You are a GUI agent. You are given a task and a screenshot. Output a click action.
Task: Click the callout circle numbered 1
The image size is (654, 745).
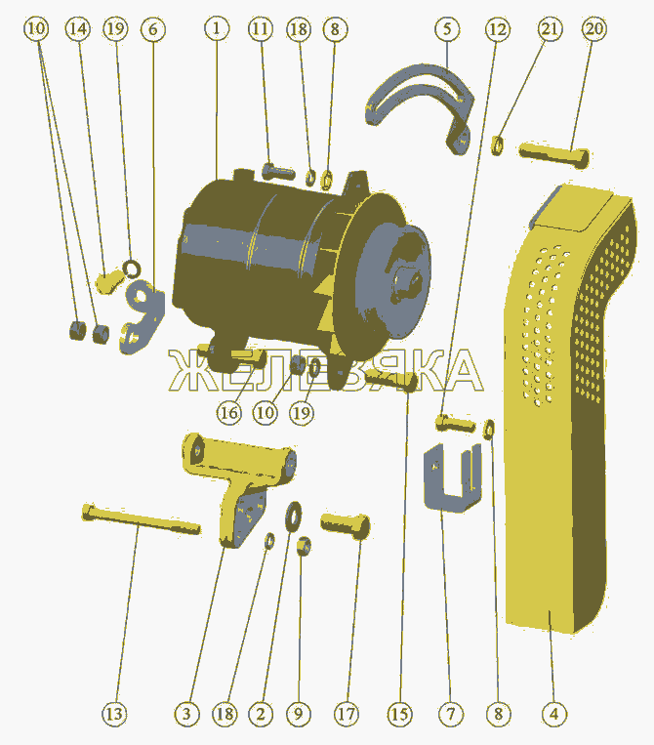pyautogui.click(x=217, y=28)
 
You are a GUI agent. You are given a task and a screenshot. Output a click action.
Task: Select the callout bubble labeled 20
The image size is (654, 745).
pyautogui.click(x=594, y=28)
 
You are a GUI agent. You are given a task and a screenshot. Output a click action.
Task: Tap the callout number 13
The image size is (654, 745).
pyautogui.click(x=114, y=714)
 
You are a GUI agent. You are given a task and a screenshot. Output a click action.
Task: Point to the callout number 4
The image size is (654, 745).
pyautogui.click(x=554, y=714)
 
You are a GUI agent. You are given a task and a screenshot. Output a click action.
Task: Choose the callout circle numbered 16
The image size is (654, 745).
pyautogui.click(x=229, y=412)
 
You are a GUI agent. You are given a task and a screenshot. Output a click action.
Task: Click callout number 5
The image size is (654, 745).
pyautogui.click(x=447, y=28)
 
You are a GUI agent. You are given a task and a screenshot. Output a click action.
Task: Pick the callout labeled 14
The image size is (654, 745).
pyautogui.click(x=78, y=28)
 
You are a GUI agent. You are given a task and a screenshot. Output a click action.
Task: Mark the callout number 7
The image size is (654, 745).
pyautogui.click(x=450, y=714)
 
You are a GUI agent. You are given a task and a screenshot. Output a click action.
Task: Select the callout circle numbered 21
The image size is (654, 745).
pyautogui.click(x=550, y=28)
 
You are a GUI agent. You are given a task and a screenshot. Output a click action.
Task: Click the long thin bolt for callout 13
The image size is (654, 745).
pyautogui.click(x=141, y=519)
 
